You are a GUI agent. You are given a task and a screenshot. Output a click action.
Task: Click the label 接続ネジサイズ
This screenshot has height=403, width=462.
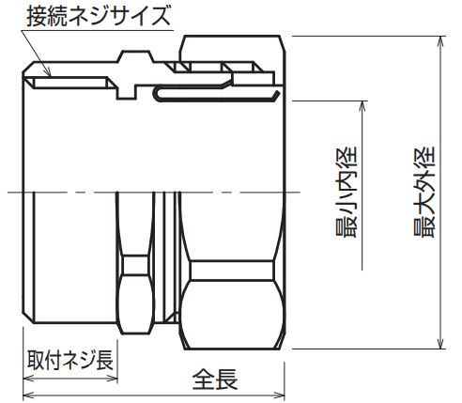click(99, 16)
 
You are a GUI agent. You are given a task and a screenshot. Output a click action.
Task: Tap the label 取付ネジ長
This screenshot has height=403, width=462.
click(70, 360)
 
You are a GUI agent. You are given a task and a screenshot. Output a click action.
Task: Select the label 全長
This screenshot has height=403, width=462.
click(215, 380)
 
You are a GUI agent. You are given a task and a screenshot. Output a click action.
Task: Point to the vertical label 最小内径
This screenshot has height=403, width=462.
click(346, 192)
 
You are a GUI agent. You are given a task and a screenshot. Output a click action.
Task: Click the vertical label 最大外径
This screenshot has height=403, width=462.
click(424, 192)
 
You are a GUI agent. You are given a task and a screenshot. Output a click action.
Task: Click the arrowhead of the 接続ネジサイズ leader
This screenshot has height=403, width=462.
click(49, 74)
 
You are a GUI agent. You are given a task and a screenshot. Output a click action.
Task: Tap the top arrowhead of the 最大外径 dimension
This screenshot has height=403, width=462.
click(441, 40)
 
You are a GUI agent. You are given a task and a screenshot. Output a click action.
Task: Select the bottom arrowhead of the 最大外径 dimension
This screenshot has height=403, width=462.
click(441, 344)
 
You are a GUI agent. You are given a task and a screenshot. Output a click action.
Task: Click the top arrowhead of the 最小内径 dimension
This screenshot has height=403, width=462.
click(362, 106)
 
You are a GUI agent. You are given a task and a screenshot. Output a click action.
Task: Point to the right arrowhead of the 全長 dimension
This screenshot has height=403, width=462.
click(280, 395)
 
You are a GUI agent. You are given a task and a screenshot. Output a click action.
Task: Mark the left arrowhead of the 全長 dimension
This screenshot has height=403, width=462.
click(28, 395)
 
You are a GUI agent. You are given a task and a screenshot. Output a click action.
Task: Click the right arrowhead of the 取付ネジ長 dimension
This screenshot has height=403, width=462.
click(113, 378)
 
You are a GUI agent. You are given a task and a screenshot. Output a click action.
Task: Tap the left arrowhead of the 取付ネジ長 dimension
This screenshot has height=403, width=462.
click(28, 378)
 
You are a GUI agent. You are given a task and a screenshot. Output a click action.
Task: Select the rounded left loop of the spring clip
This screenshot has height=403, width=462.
click(156, 93)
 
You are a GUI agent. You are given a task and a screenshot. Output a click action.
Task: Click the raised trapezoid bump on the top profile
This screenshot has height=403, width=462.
click(135, 56)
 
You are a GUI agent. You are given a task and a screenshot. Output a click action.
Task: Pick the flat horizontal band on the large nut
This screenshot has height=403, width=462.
click(232, 271)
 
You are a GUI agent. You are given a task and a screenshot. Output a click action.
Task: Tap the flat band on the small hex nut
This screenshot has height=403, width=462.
click(135, 265)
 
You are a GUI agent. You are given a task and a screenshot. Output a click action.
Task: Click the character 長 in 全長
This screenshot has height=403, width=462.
click(226, 380)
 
